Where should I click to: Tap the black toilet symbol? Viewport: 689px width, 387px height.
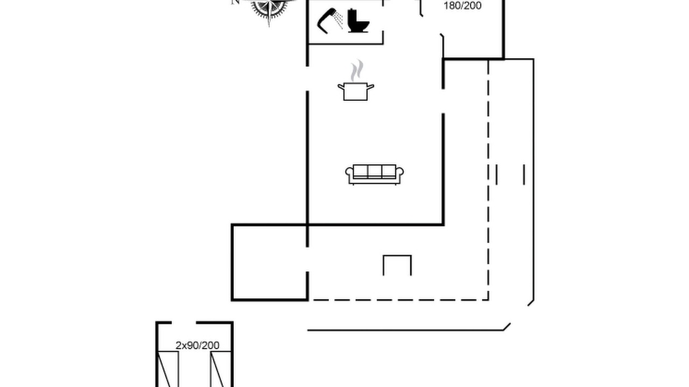[x=358, y=21]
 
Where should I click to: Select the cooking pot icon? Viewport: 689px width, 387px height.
[x=356, y=91]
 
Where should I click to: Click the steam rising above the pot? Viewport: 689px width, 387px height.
[x=357, y=70]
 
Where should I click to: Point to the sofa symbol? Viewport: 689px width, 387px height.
[x=374, y=175]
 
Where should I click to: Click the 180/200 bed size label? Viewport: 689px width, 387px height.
[x=462, y=6]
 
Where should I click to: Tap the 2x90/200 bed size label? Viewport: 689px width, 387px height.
[x=198, y=345]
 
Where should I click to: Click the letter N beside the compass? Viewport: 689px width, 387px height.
[x=235, y=2]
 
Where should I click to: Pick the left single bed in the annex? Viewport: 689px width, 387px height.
[x=168, y=369]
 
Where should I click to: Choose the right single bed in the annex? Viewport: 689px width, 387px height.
[x=221, y=369]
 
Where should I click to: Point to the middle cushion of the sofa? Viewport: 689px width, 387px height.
[x=374, y=171]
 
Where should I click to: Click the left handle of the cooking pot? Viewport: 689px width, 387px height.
[x=341, y=87]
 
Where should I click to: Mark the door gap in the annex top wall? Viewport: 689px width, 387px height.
[x=184, y=322]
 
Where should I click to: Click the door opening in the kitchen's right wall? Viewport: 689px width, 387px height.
[x=443, y=102]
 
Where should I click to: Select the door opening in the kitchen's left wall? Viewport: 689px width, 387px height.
[x=307, y=78]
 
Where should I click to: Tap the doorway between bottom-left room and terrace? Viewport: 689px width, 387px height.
[x=307, y=259]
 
